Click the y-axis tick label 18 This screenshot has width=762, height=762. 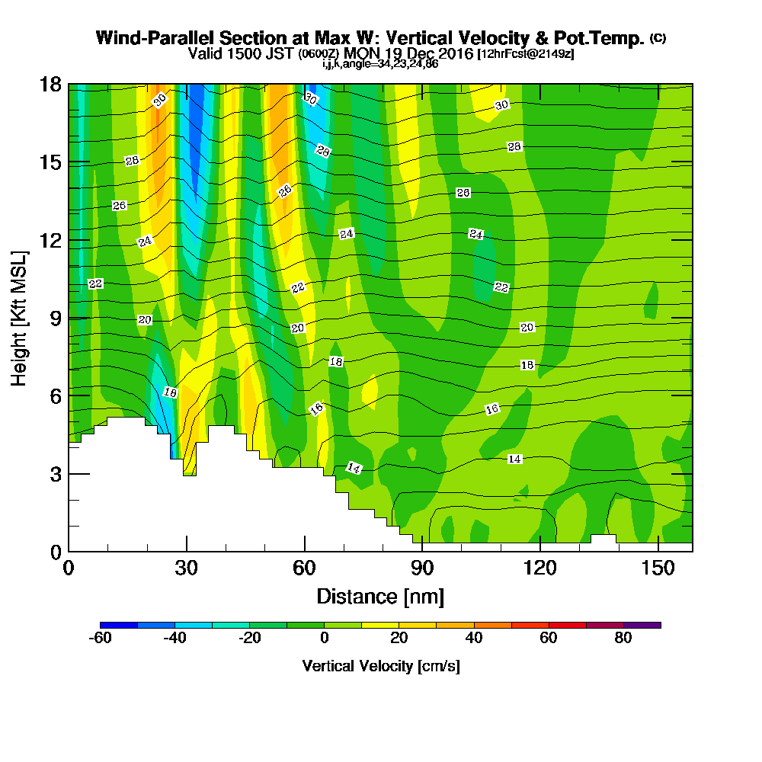coord(50,85)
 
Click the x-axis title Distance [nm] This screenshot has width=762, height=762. coord(380,595)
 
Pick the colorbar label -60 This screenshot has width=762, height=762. coord(101,639)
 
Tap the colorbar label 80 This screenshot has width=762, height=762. coord(623,639)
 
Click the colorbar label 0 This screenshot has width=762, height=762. coord(325,639)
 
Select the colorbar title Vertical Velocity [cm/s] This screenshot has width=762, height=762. coord(380,666)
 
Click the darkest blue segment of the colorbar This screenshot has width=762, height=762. coord(119,625)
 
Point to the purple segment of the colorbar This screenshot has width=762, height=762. coord(642,625)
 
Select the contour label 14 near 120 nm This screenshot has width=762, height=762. coord(514,459)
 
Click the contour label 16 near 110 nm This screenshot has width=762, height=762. coord(492,410)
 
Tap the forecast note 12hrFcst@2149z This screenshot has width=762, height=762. coord(526,54)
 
